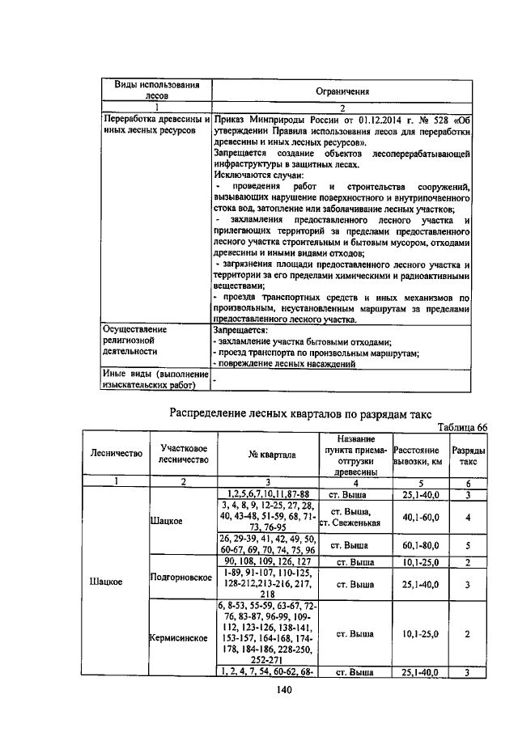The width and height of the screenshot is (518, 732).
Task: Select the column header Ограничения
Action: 342,91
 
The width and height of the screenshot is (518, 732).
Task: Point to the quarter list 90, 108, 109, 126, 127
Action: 266,561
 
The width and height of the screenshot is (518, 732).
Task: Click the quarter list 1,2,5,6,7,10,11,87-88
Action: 266,494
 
